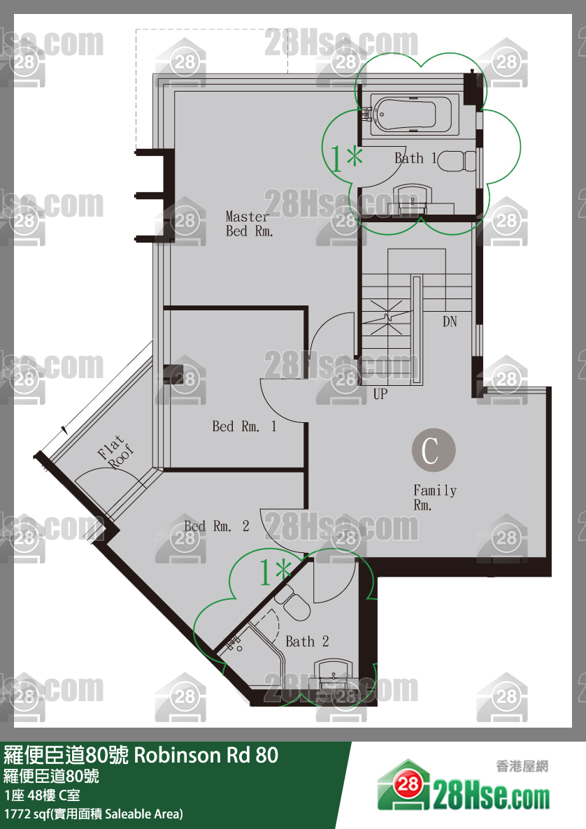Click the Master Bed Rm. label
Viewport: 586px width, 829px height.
[x=248, y=224]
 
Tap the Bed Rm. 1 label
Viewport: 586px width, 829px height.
[x=244, y=426]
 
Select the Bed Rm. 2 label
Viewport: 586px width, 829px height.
[x=216, y=526]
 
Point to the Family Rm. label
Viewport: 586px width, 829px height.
[x=435, y=498]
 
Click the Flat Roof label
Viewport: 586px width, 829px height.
[x=115, y=452]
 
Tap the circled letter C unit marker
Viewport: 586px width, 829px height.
[x=434, y=450]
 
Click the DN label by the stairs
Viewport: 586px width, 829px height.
[x=450, y=321]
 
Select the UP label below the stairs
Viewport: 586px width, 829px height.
[x=380, y=394]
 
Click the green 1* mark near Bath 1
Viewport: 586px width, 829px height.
[x=346, y=158]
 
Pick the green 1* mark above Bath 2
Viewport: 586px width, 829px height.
[x=275, y=572]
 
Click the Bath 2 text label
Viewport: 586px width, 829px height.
[x=307, y=641]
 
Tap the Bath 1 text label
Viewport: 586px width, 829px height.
[x=415, y=158]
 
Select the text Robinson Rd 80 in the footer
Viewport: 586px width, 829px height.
[x=206, y=755]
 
